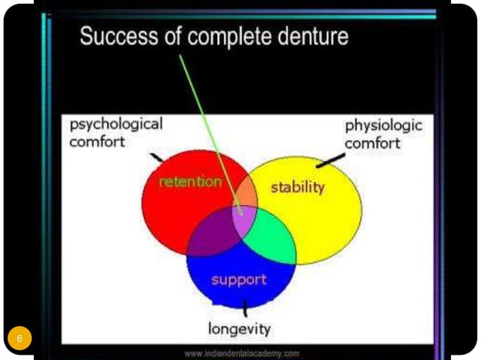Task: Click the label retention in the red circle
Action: coord(191,182)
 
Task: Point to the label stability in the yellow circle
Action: coord(297,186)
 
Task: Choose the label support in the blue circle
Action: coord(239,279)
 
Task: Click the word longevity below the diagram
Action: coord(239,329)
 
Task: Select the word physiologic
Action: coord(384,125)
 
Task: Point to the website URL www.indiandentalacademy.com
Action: coord(242,352)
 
